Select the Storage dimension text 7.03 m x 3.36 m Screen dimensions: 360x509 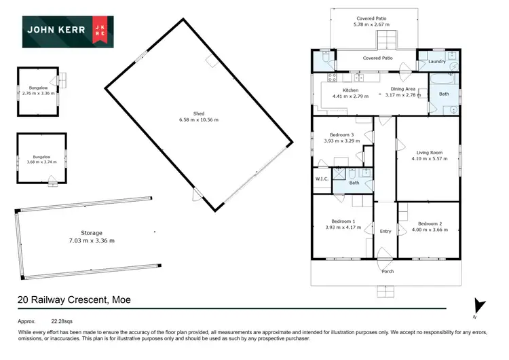point(92,241)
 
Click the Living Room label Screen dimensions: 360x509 point(426,153)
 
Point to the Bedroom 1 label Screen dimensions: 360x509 point(341,221)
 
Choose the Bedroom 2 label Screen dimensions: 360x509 point(430,224)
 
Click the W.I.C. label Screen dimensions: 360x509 point(322,179)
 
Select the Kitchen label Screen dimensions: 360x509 point(350,90)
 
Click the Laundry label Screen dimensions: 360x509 point(437,62)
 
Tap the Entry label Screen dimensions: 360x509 point(385,232)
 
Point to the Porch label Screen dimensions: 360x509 point(388,271)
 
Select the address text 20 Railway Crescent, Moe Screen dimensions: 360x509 point(74,300)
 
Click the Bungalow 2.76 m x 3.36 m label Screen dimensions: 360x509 point(37,92)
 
